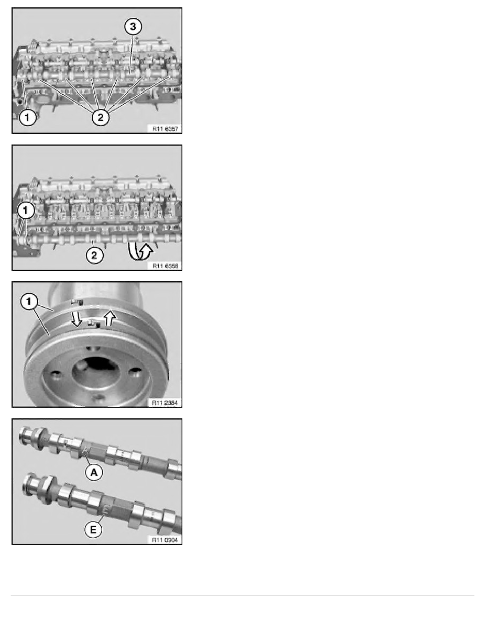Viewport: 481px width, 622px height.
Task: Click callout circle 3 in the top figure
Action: click(134, 27)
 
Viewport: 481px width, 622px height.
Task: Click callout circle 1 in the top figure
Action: click(27, 118)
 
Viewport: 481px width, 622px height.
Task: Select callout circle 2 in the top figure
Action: click(101, 118)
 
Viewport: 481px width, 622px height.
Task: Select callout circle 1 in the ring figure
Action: click(29, 301)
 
